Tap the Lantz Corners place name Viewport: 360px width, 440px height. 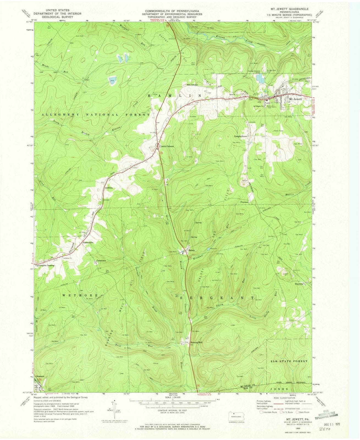pos(167,147)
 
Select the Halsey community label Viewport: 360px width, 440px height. pos(192,251)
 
